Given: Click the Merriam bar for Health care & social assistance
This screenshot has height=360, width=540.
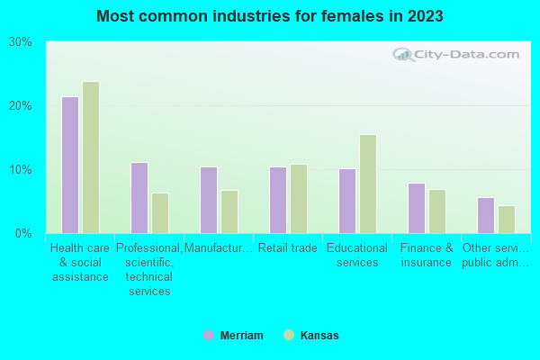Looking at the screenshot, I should [69, 165].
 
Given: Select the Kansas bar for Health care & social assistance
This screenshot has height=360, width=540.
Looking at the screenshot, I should [91, 157].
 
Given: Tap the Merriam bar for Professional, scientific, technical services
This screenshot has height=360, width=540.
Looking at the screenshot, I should [139, 198].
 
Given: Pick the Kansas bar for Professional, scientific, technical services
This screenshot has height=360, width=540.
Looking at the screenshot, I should [160, 213].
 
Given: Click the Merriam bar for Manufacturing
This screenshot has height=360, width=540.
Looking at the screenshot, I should [208, 200].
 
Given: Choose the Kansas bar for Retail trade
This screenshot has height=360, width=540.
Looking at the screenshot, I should [299, 199].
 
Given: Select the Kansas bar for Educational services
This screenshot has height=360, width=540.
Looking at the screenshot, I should [368, 184].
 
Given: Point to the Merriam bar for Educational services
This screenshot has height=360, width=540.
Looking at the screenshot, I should [346, 201].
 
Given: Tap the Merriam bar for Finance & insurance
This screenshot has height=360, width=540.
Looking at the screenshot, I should [416, 208].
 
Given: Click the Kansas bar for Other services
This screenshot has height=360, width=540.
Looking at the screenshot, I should [507, 220].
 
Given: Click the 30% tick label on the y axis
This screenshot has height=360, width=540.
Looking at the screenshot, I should [21, 42].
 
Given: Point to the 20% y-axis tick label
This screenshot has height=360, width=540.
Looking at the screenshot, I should [21, 106].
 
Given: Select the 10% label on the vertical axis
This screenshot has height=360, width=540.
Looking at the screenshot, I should [21, 170].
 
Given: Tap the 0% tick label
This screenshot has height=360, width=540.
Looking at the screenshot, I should [23, 234].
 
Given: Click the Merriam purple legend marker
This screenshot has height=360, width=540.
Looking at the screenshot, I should [209, 335].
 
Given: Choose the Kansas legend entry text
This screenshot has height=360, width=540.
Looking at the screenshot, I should [319, 336].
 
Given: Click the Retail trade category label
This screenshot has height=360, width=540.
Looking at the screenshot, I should [287, 248].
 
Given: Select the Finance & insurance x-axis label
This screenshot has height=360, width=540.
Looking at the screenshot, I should [426, 256].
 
